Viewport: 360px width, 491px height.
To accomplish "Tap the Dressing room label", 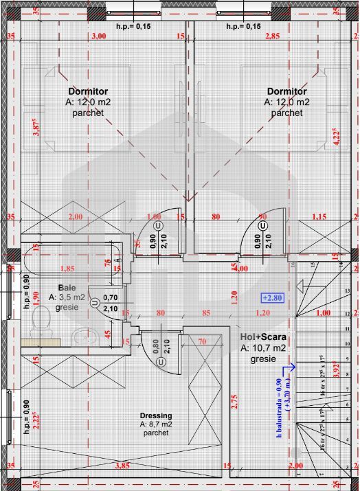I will click(156, 415).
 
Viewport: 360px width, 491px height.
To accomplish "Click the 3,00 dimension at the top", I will click(99, 36).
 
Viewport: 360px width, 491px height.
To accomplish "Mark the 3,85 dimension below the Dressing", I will click(122, 466).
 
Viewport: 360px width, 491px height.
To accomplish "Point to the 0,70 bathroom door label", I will click(109, 298).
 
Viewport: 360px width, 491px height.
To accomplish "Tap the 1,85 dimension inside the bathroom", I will click(67, 269).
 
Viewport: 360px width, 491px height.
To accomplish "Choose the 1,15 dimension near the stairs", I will click(319, 217).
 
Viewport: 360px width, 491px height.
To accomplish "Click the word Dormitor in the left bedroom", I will click(88, 91).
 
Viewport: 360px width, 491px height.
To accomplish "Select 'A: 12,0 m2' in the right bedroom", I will click(286, 102).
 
